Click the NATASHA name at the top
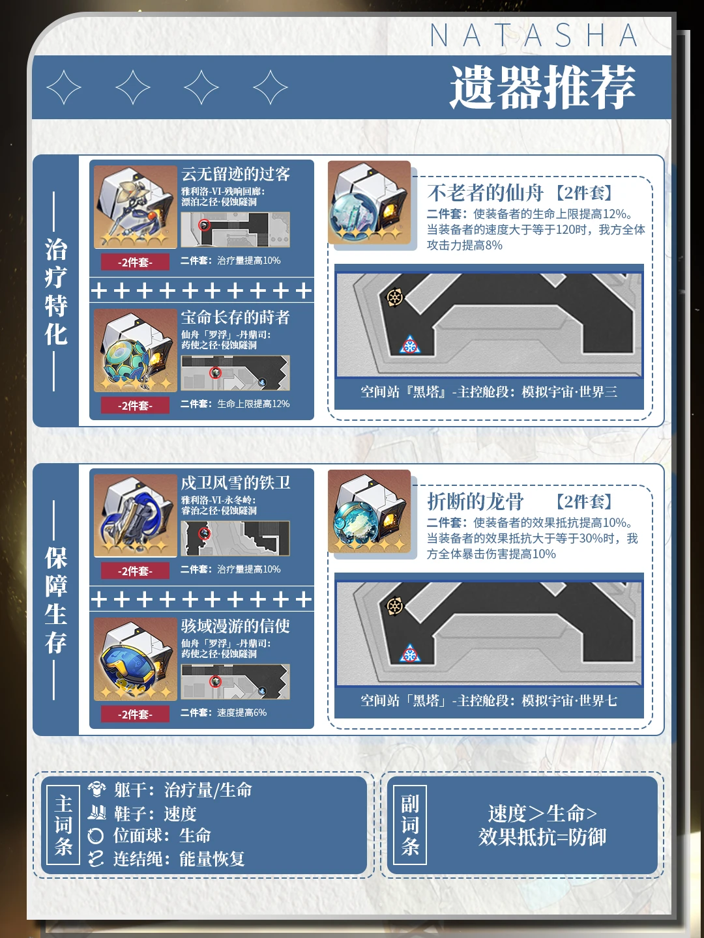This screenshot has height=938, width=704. pos(533,35)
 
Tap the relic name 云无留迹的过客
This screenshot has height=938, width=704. pos(235,174)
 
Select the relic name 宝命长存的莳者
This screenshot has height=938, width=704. pos(235,317)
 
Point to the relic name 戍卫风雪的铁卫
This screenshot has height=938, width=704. pos(235,483)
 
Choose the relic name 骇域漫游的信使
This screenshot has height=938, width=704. pos(235,626)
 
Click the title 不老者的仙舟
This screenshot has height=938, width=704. pos(485,193)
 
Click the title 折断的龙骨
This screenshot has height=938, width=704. pos(475,502)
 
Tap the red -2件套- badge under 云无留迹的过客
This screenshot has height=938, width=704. pos(135,262)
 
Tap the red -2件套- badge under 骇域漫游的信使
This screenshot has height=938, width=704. pos(135,714)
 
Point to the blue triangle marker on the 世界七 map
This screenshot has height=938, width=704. pos(410,653)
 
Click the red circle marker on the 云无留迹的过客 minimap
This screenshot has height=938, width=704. pos(205,225)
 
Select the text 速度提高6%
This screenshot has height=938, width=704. pos(242,713)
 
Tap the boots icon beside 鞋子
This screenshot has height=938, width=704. pos(96,812)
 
